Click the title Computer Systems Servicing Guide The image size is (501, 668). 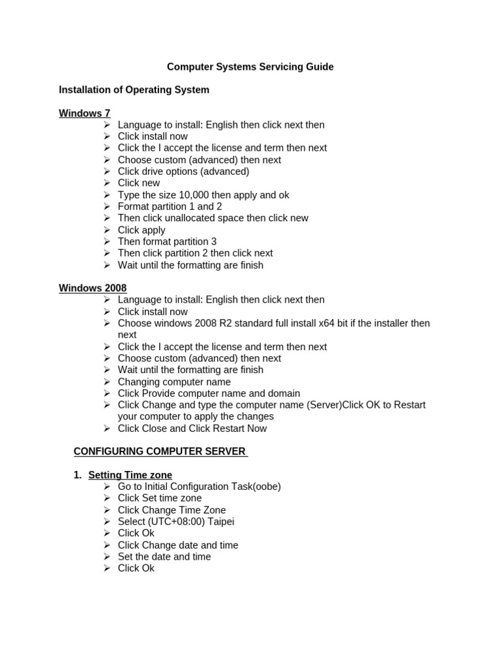click(250, 67)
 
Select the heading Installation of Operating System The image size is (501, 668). click(134, 90)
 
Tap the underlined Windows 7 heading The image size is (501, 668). click(84, 114)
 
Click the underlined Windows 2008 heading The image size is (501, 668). click(93, 288)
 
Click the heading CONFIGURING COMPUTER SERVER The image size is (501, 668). click(160, 451)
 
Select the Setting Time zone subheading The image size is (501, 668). click(130, 475)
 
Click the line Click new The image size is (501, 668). click(138, 183)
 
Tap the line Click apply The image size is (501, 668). click(142, 230)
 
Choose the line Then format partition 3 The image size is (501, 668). click(167, 241)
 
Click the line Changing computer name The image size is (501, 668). click(174, 382)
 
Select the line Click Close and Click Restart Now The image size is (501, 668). click(192, 429)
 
